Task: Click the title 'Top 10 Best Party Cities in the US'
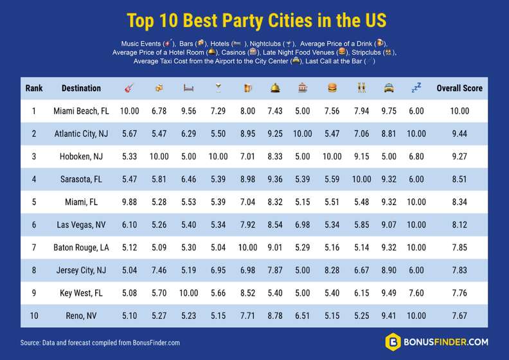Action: [x=256, y=20]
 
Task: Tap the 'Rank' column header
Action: [x=34, y=88]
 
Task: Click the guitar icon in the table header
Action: [x=129, y=88]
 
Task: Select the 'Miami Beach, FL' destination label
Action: [x=81, y=111]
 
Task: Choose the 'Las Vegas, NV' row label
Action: [x=81, y=226]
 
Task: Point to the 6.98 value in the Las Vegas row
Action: [x=302, y=226]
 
